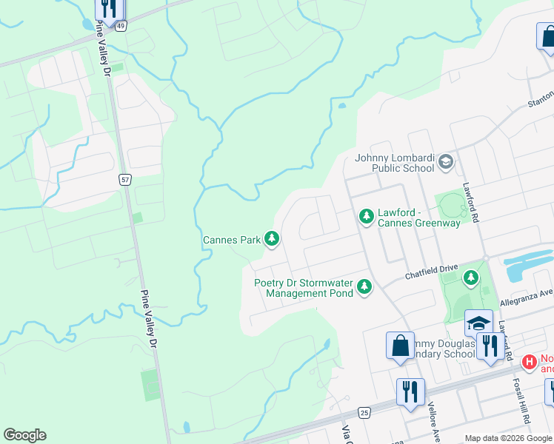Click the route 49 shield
120,25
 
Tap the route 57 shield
126,179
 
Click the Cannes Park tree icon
273,238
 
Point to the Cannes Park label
232,240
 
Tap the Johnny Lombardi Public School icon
445,161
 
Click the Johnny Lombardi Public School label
394,163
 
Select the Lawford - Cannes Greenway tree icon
366,216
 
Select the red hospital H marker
529,362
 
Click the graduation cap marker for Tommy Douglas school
479,323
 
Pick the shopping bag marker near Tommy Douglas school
400,346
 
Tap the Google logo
24,435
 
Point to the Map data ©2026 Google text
508,438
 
